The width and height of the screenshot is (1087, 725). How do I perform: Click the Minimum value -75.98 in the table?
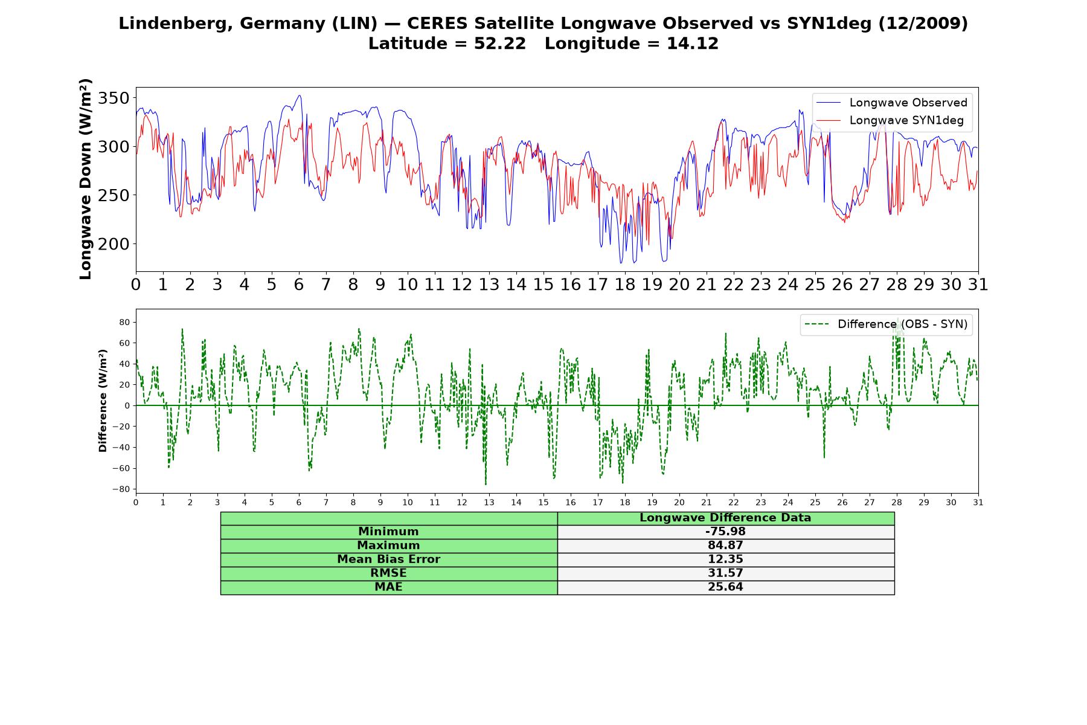[725, 532]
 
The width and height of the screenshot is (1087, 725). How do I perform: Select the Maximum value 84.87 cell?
[725, 546]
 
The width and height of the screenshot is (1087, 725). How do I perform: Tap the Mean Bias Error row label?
[388, 559]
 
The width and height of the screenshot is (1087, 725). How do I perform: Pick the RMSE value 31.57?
[725, 573]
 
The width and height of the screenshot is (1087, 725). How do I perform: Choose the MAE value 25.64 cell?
[725, 587]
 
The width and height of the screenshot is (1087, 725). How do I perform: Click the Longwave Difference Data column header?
[725, 518]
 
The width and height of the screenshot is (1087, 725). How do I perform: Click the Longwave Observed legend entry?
[891, 103]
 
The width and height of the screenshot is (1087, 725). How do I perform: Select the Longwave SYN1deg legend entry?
[890, 120]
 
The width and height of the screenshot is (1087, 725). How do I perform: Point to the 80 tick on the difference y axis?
[124, 322]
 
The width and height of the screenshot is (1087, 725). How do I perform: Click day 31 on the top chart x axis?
[978, 285]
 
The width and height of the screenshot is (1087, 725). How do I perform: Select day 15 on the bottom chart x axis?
[543, 503]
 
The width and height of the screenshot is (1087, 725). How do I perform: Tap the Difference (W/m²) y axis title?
[103, 401]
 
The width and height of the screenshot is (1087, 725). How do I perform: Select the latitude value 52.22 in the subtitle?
[499, 43]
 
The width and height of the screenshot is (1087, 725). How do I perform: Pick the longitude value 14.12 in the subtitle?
[693, 43]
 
